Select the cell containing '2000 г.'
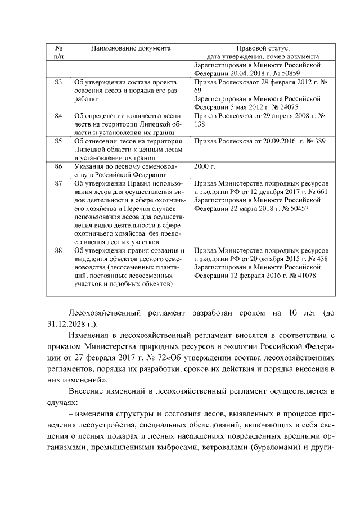coord(205,166)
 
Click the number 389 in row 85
coord(318,141)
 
